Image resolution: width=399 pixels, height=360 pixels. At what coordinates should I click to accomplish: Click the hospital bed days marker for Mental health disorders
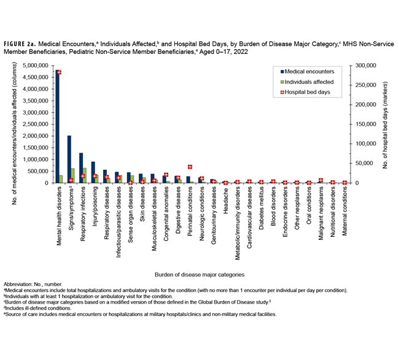point(59,72)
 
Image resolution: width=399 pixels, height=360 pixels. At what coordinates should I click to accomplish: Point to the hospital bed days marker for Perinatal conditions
point(190,167)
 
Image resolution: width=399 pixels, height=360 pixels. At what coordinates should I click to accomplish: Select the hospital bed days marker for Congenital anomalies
point(166,175)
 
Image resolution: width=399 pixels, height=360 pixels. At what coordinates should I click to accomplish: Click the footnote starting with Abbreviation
point(37,285)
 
